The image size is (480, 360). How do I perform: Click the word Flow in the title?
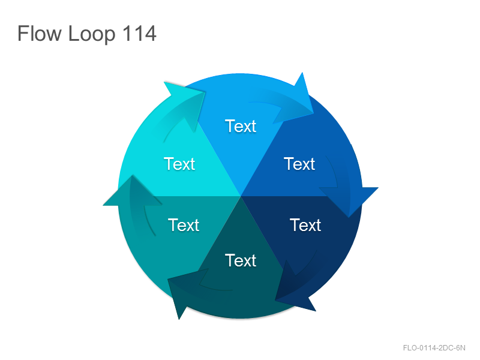coord(40,33)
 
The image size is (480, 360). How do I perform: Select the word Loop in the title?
coord(92,35)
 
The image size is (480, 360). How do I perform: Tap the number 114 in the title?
coord(140,33)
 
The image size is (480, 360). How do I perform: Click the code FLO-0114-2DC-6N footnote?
coord(434,348)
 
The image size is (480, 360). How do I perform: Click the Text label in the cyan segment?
coord(179,164)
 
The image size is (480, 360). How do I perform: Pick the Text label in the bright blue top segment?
coord(241,126)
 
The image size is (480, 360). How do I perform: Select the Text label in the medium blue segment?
coord(299,164)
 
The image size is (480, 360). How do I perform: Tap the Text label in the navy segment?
coord(305,226)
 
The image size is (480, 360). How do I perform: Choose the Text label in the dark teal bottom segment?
coord(241,260)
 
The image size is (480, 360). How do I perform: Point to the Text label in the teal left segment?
coord(184,226)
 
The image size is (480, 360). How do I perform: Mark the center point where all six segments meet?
coord(241,196)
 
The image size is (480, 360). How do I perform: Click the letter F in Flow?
coord(23,33)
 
